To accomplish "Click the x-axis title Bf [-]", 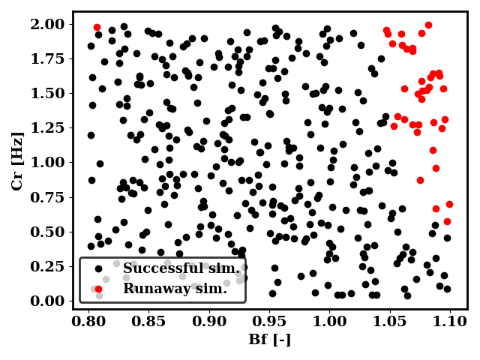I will (x=269, y=340).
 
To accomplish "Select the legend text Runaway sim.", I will (x=175, y=289).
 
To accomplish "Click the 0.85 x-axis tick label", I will (x=150, y=321).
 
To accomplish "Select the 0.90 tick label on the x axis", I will (x=210, y=321).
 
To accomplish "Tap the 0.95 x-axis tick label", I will (x=270, y=321).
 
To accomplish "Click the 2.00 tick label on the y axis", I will (x=49, y=24).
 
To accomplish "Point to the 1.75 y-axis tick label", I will (x=49, y=58).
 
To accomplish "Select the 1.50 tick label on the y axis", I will (x=49, y=93).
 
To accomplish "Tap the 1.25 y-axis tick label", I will (x=49, y=127).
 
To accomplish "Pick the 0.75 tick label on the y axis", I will (x=49, y=196).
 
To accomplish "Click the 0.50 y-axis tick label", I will (x=49, y=231).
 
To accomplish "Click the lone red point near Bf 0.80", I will (x=97, y=27).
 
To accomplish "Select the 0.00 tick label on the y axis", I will (x=49, y=301).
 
